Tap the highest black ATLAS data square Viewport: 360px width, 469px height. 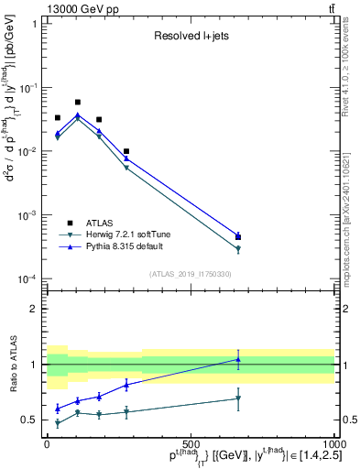(x=78, y=103)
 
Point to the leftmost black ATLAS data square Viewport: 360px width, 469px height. (x=58, y=118)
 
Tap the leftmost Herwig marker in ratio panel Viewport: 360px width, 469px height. (x=58, y=423)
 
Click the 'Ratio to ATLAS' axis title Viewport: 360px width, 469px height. (x=14, y=364)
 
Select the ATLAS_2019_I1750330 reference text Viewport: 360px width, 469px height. (x=190, y=274)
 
